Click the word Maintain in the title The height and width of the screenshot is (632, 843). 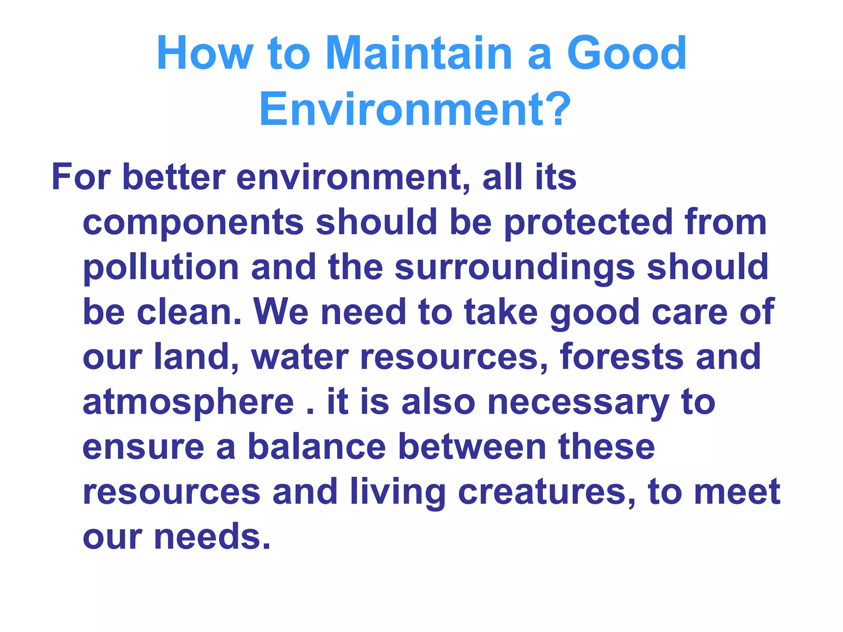pos(419,53)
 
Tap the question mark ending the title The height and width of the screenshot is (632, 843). pos(558,109)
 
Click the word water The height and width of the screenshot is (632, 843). pos(300,357)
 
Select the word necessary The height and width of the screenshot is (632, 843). pos(578,402)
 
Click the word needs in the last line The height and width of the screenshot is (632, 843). pos(212,537)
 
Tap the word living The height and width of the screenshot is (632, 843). pos(398,493)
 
